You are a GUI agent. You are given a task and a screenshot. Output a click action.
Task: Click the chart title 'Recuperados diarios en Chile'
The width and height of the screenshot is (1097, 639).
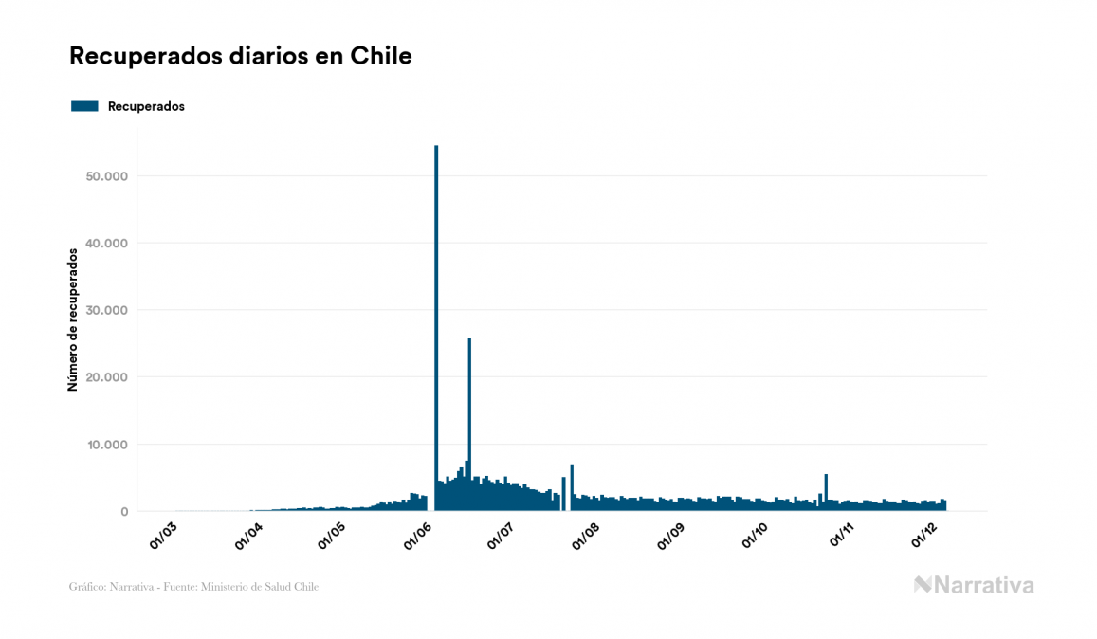(241, 56)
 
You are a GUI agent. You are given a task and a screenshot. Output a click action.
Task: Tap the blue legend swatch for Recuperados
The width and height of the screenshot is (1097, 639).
(84, 106)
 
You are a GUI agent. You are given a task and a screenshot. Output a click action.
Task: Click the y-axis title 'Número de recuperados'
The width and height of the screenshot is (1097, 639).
(72, 319)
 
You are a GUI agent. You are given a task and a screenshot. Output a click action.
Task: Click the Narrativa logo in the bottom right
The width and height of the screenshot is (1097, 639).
(974, 585)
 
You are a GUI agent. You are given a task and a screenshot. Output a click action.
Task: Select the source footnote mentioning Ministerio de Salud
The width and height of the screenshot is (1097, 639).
(194, 587)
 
